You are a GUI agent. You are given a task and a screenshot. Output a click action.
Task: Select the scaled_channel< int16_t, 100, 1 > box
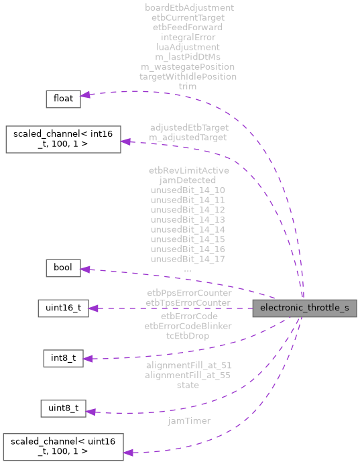(x=63, y=138)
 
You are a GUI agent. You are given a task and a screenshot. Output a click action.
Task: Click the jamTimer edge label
(x=189, y=420)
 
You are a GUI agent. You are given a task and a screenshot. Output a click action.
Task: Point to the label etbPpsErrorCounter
(x=189, y=293)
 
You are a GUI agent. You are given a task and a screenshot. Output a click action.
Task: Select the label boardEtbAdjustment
(x=189, y=7)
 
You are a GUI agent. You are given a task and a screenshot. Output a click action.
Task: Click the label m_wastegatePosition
(x=188, y=66)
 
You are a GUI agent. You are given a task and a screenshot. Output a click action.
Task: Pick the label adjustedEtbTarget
(x=189, y=127)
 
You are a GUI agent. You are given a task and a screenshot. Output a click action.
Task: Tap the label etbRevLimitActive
(x=188, y=170)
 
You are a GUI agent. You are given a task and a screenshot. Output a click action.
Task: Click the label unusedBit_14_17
(x=188, y=259)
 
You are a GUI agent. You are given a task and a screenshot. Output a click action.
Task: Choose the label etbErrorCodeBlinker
(x=188, y=326)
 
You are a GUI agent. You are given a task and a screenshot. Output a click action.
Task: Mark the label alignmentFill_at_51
(x=188, y=365)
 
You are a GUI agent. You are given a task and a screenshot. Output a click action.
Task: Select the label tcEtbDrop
(x=188, y=336)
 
